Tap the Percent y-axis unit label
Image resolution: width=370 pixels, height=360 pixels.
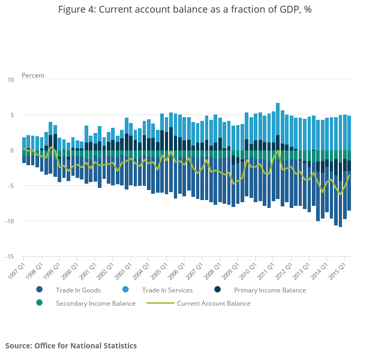click(33, 75)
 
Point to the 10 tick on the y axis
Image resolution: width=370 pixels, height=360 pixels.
click(11, 80)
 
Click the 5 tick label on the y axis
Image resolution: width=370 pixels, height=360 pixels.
click(12, 115)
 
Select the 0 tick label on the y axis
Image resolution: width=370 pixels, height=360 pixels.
click(12, 150)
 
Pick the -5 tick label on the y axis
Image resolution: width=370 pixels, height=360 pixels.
click(11, 186)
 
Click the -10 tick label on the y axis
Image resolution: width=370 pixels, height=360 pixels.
click(10, 221)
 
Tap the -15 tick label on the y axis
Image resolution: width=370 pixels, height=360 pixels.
click(10, 257)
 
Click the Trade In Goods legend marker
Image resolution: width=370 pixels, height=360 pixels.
click(40, 290)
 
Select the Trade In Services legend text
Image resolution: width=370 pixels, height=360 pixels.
click(167, 290)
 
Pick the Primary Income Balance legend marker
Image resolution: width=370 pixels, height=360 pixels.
click(217, 290)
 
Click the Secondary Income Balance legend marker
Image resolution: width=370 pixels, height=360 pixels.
click(40, 303)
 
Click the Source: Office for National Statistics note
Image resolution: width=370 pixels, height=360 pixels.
click(71, 346)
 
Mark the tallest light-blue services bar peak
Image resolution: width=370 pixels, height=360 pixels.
click(278, 103)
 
